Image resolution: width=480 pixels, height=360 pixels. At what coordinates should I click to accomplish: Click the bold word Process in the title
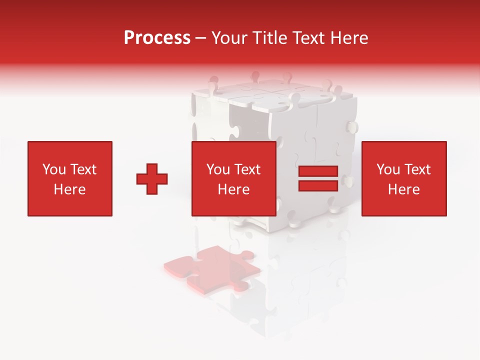pos(157,38)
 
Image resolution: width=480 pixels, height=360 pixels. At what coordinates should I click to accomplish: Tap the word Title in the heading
pos(269,38)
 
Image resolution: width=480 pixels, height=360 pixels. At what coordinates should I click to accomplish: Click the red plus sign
pos(152,179)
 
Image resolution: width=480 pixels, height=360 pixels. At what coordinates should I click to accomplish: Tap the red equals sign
pos(318,179)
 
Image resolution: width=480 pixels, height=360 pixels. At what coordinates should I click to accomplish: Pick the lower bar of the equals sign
pos(318,186)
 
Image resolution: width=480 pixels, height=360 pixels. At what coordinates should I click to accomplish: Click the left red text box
pos(70,179)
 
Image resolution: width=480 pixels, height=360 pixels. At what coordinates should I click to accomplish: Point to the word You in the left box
pos(54,169)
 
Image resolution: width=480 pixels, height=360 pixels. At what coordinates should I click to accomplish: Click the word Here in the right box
pos(404,189)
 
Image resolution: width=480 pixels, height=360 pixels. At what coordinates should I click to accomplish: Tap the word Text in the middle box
pos(247,169)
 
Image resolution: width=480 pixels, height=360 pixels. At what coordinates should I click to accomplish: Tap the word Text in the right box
pos(417,169)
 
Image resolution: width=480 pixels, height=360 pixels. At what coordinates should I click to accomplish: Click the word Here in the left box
pos(70,189)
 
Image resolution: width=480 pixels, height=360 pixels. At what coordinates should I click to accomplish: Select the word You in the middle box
pos(218,169)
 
